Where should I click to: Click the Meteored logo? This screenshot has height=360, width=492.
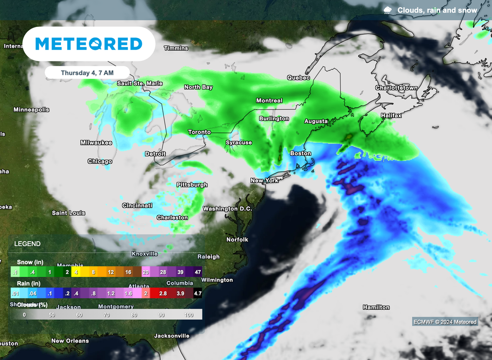(89, 44)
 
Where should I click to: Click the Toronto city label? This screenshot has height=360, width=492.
(199, 132)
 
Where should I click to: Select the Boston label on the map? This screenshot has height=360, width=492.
(300, 153)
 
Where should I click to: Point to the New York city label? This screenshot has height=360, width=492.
(264, 181)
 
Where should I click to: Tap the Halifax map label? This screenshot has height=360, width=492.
(391, 116)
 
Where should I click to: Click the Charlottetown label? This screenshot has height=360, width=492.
(396, 88)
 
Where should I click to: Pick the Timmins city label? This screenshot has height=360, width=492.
(176, 49)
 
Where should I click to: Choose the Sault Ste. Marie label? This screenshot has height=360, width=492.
(140, 84)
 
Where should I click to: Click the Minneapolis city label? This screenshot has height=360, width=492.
(31, 110)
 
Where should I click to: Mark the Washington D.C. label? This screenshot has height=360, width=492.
(227, 209)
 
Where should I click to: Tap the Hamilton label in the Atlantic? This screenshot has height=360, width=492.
(376, 307)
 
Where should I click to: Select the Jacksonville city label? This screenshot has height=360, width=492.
(172, 336)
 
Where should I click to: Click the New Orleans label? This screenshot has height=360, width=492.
(70, 341)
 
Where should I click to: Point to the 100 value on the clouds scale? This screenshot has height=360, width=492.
(189, 314)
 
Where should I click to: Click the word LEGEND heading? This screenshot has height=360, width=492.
(27, 244)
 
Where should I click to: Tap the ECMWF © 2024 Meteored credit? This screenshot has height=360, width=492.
(445, 322)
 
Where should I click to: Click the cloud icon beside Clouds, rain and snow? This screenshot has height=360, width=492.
(387, 10)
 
